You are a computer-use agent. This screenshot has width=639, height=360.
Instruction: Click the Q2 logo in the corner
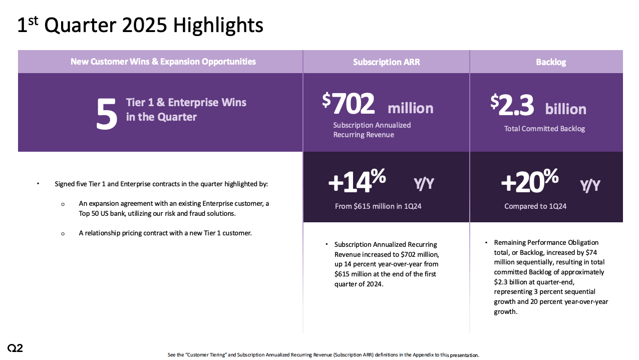point(15,348)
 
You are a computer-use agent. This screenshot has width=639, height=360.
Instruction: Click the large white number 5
point(106,114)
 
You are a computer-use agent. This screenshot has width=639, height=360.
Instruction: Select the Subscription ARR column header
point(386,62)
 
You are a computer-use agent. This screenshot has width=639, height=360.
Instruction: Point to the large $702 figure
point(349,104)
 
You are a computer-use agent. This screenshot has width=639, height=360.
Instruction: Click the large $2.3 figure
point(512,105)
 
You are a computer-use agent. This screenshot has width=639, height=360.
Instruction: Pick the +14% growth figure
point(357,181)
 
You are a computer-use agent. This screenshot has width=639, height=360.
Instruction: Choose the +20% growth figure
point(529,181)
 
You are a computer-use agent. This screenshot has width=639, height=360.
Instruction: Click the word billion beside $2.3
point(565,109)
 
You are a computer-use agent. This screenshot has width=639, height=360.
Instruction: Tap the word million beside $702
point(410,108)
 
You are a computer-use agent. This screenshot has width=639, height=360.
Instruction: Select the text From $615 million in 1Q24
point(378,206)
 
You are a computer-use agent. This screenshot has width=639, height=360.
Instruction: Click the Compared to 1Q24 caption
point(535,206)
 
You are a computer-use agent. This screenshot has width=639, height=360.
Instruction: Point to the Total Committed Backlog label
point(544,129)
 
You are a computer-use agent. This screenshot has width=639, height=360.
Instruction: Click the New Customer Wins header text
point(163,62)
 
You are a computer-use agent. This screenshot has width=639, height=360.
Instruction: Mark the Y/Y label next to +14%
point(424,184)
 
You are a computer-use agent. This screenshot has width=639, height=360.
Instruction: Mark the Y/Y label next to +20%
point(590,186)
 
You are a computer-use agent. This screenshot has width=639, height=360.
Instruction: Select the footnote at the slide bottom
point(323,355)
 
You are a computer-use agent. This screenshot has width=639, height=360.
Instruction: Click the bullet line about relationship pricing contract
point(165,233)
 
